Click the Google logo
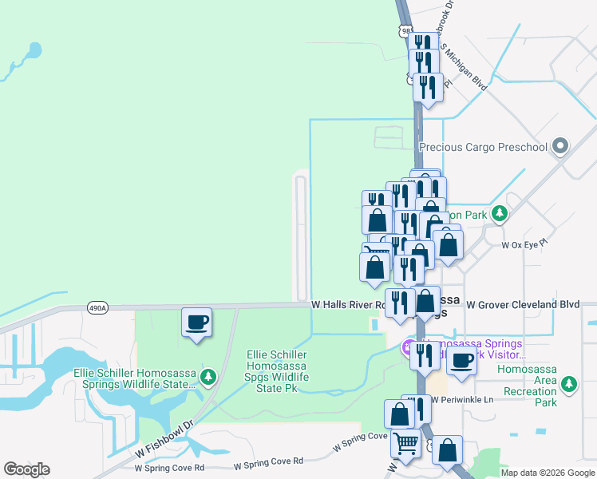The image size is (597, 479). pyautogui.click(x=27, y=469)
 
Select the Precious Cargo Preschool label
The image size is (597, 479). pyautogui.click(x=484, y=147)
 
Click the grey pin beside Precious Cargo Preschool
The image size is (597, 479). pyautogui.click(x=560, y=146)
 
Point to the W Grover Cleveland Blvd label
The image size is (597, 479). pyautogui.click(x=522, y=305)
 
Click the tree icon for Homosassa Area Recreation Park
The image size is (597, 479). pyautogui.click(x=569, y=386)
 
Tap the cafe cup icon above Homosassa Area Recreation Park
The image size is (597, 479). pyautogui.click(x=461, y=360)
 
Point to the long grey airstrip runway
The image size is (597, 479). pyautogui.click(x=301, y=235)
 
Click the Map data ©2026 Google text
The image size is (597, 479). pyautogui.click(x=548, y=473)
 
